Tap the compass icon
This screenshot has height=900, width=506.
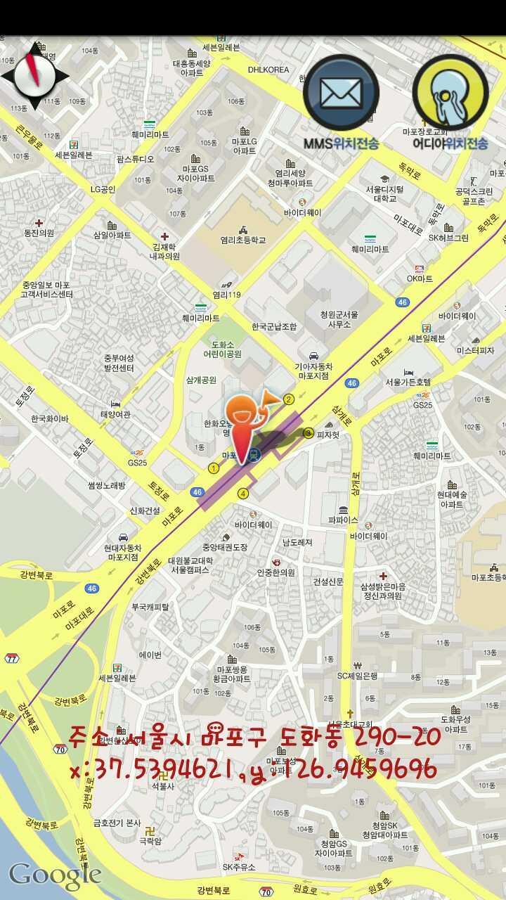click(34, 76)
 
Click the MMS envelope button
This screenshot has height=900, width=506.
click(341, 93)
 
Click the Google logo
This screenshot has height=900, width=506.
click(55, 875)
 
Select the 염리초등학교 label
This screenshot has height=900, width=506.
click(243, 240)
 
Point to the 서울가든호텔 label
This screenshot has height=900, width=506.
click(408, 382)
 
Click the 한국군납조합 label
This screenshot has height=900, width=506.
click(274, 326)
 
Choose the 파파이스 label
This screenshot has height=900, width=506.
click(343, 520)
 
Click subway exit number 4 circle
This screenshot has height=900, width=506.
click(243, 494)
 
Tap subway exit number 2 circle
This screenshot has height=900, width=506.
click(288, 399)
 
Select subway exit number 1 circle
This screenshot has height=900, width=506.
click(214, 468)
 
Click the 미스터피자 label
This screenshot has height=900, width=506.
click(475, 349)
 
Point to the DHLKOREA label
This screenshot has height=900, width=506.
click(268, 70)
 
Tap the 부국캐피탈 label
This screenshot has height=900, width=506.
click(150, 606)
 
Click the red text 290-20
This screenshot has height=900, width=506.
click(399, 737)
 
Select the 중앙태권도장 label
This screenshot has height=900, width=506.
click(225, 546)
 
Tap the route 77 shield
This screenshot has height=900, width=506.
click(11, 658)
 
